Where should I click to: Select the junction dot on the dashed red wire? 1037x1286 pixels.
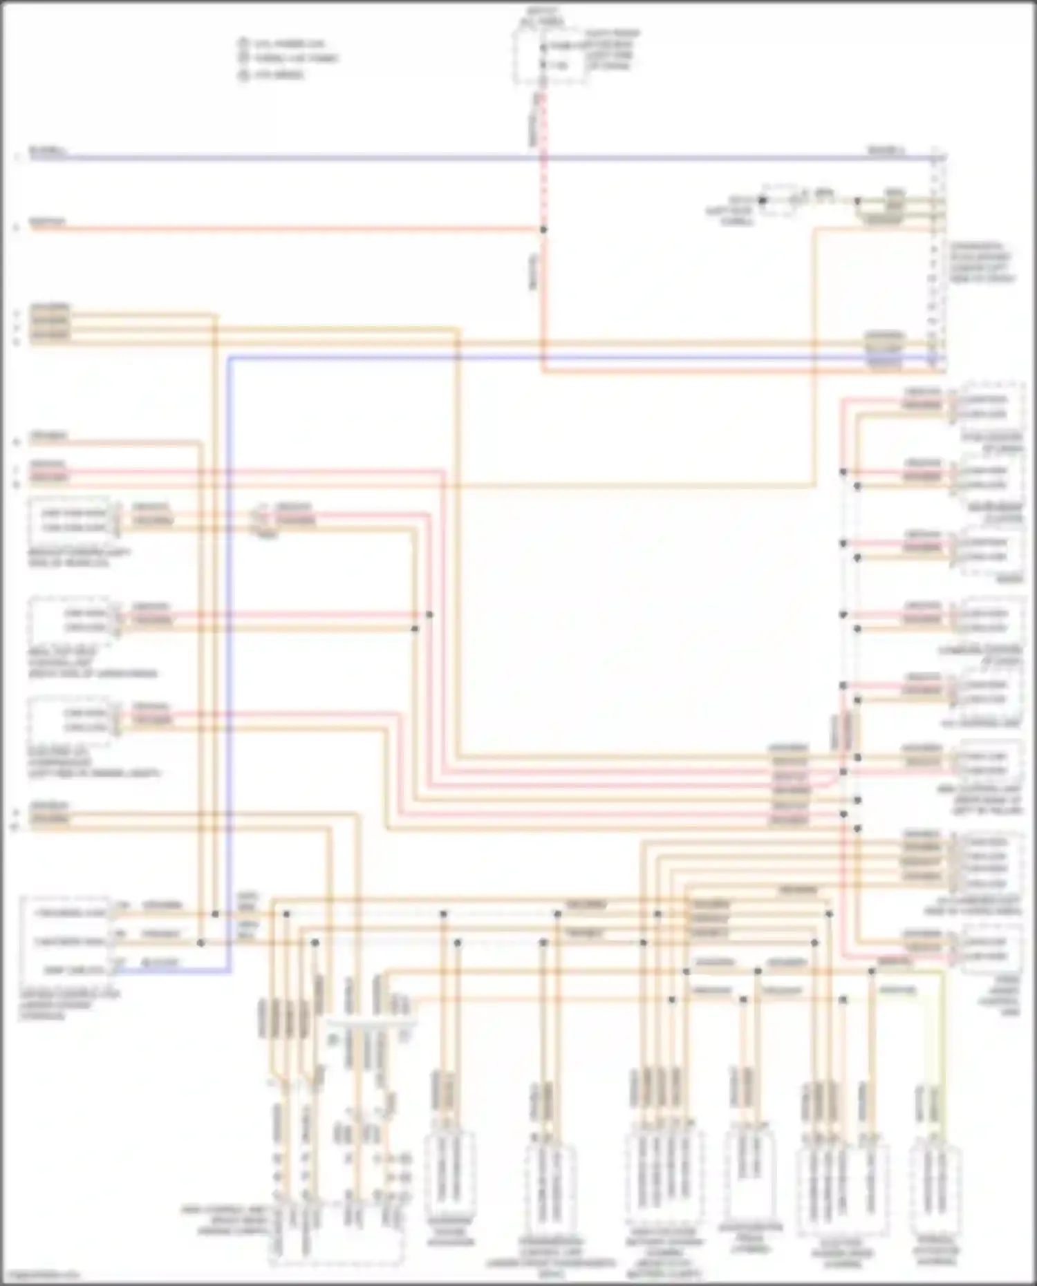coord(543,229)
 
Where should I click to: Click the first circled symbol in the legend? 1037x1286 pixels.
coord(243,44)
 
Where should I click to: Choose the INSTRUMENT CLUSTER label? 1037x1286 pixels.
coord(996,512)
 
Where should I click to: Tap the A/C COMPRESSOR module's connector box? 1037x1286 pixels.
coord(69,721)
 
